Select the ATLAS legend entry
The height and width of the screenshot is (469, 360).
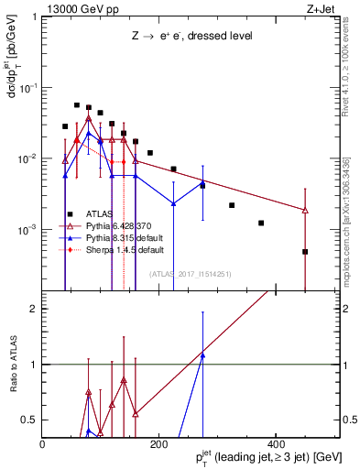tap(101, 214)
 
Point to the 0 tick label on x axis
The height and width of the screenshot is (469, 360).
tap(43, 442)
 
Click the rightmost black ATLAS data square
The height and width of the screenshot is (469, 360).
tap(305, 251)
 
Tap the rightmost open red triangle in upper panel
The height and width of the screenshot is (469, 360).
tap(305, 211)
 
